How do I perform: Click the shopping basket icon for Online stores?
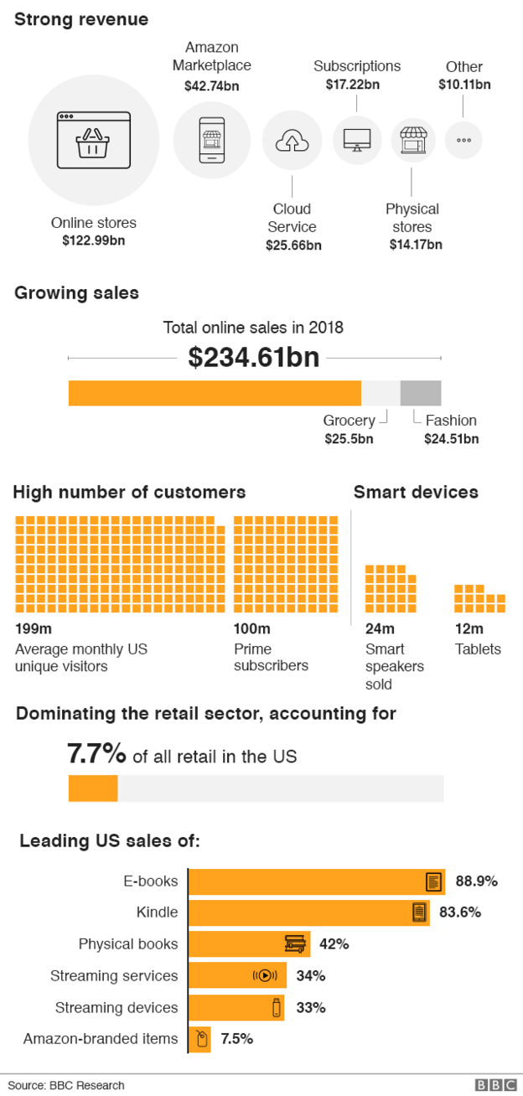(93, 139)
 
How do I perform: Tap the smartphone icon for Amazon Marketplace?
(211, 139)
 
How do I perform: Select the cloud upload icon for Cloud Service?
(292, 140)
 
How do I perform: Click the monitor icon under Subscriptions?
(357, 140)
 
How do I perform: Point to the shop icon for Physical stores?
(412, 140)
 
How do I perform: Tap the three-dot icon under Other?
(463, 140)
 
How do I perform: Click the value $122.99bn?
(93, 240)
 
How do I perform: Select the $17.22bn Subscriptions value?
(357, 84)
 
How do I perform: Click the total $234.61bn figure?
(254, 358)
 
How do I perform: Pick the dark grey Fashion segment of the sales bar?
(421, 393)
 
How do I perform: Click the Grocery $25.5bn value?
(349, 438)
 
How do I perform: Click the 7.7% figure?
(96, 754)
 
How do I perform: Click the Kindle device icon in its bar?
(419, 912)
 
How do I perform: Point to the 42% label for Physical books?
(334, 944)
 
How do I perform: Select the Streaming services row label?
(114, 976)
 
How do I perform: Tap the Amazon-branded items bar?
(199, 1040)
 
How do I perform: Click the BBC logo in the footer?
(495, 1085)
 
